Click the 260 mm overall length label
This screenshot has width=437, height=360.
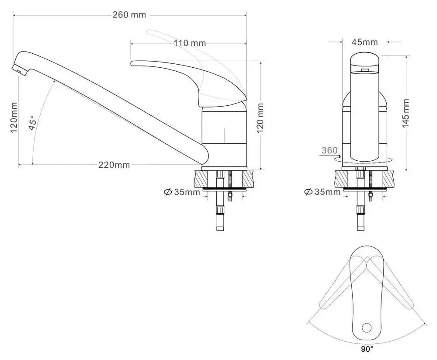pos(129,15)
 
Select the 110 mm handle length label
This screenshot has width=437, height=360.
pos(189,43)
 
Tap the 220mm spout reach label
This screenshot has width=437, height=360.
pos(114,165)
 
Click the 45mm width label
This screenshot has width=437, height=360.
pos(364,42)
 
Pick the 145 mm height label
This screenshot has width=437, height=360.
pos(406,113)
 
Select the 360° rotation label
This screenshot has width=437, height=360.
pos(330,150)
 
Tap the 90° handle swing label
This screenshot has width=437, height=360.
pos(367,349)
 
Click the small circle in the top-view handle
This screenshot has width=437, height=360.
pos(367,327)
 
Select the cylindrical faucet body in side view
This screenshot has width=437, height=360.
pos(224,138)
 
